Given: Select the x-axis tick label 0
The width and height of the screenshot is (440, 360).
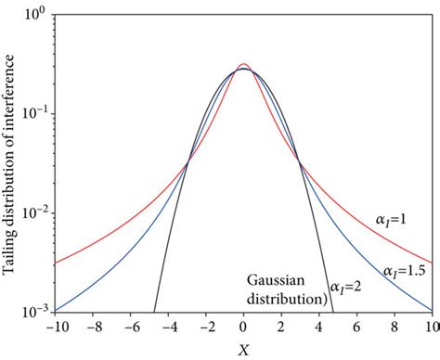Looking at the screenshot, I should pos(243,327).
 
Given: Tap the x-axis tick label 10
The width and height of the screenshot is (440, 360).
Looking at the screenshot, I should pos(431,327).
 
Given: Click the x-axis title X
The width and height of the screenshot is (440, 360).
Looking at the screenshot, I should pos(242,348).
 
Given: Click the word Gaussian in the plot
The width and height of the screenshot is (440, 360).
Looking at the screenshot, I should pos(277,279).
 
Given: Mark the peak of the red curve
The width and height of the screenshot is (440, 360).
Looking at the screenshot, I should pos(243,64).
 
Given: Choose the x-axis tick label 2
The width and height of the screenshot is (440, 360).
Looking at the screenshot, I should pos(281,327).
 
